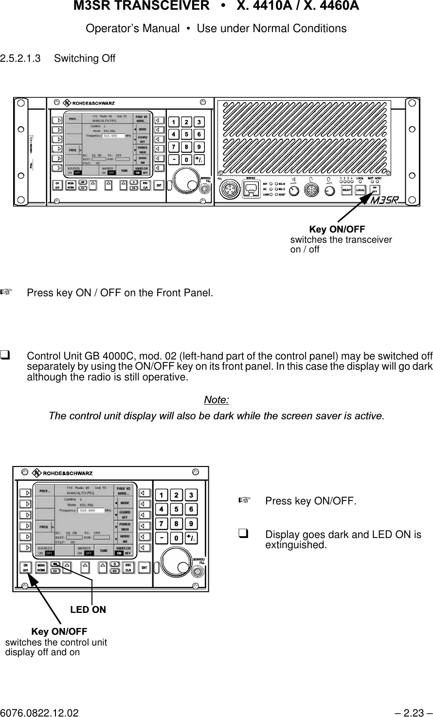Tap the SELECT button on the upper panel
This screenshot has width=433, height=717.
347,190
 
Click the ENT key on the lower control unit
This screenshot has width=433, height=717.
144,568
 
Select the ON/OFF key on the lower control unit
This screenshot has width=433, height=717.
26,568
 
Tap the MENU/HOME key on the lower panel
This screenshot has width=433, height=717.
41,568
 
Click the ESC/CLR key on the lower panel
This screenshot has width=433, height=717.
128,568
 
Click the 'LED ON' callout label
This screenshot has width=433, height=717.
88,609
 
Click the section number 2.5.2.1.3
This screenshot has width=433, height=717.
23,58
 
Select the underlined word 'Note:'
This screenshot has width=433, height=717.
216,400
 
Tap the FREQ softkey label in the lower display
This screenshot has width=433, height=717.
44,526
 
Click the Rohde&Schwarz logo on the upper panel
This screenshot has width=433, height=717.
87,103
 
